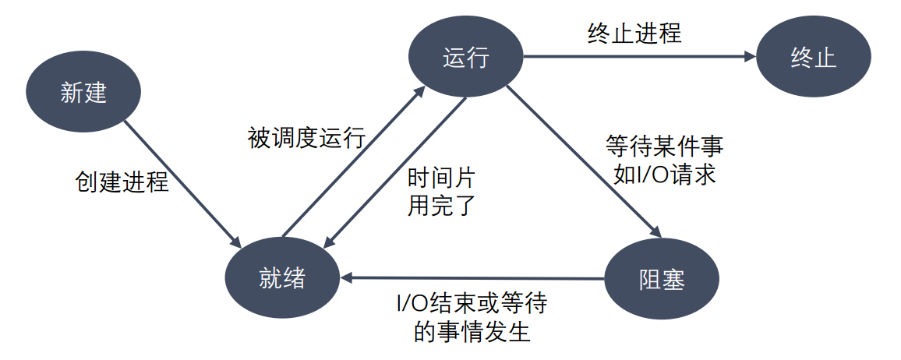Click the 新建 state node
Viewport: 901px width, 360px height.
[83, 94]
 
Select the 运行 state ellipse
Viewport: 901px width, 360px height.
[466, 57]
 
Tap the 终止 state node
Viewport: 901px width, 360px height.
[813, 57]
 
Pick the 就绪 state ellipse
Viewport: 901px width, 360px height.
[282, 278]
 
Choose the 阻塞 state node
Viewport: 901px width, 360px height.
[662, 278]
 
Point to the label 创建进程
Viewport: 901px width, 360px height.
[122, 182]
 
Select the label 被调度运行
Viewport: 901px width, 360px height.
[306, 138]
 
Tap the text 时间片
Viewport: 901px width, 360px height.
[441, 178]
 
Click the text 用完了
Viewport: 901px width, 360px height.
[441, 206]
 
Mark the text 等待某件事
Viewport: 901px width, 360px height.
[664, 146]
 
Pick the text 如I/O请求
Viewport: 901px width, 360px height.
[664, 173]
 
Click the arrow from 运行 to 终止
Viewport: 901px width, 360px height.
[639, 56]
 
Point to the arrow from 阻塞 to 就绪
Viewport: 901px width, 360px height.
[475, 277]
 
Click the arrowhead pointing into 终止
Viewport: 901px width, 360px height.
[751, 56]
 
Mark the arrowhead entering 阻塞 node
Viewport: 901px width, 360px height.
[656, 231]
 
